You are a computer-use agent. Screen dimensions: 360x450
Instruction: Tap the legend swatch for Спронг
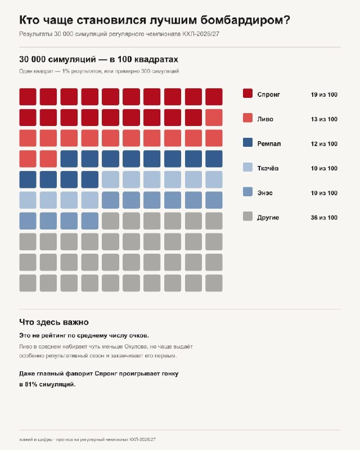247,93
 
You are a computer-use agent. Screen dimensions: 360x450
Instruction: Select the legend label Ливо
265,119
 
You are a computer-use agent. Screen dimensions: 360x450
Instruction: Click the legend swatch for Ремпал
247,143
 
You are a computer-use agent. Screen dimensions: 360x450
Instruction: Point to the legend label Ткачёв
268,168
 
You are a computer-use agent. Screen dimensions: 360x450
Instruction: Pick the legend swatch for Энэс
247,192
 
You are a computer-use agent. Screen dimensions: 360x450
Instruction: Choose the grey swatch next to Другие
247,217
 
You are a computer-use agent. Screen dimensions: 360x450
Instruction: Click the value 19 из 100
324,94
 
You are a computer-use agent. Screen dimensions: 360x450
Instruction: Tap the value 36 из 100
324,218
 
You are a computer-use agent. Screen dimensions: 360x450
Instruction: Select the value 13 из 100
324,119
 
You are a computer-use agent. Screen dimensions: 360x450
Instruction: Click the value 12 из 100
324,144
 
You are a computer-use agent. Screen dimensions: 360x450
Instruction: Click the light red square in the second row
214,118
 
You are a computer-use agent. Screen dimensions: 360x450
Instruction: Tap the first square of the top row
28,97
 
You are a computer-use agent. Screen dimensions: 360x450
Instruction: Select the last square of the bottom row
214,283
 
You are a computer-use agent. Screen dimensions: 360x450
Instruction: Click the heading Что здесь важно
54,322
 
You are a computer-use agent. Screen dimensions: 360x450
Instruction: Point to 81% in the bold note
31,384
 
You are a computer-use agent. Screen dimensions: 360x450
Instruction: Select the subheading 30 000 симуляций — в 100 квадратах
99,60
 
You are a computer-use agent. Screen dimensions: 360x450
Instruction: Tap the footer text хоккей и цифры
36,439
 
